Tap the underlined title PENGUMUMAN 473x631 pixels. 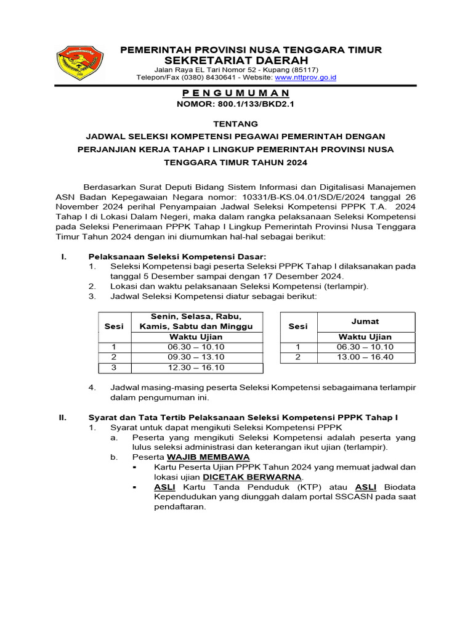click(236, 93)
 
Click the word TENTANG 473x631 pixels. click(236, 123)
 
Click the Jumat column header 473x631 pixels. click(365, 321)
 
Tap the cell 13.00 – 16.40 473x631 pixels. click(365, 357)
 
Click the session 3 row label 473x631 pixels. click(114, 367)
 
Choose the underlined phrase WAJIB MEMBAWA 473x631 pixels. click(208, 457)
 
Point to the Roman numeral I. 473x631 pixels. click(63, 256)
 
